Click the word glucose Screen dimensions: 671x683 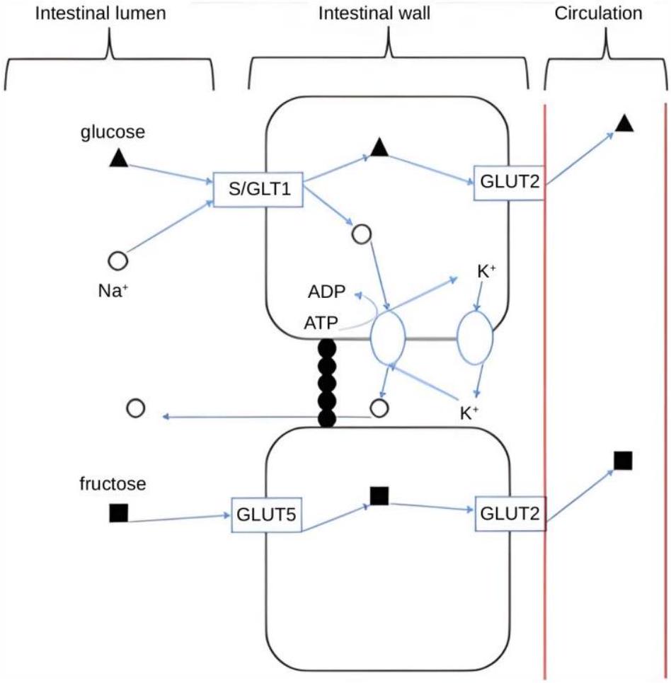(x=113, y=132)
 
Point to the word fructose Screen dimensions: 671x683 (x=113, y=483)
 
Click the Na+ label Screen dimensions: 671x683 (x=113, y=290)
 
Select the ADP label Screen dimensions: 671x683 (x=326, y=292)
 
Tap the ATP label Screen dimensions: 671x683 (x=321, y=323)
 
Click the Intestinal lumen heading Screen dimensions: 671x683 (x=101, y=13)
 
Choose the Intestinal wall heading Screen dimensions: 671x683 (x=374, y=13)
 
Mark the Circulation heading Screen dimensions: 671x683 (x=598, y=13)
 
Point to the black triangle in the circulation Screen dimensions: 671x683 (x=624, y=124)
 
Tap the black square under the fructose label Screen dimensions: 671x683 (x=118, y=512)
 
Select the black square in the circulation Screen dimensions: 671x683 (x=623, y=461)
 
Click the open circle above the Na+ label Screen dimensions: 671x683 (x=117, y=260)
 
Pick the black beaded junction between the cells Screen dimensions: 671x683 (x=327, y=383)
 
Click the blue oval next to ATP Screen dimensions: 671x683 (x=371, y=337)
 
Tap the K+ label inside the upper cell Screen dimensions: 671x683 (x=487, y=271)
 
